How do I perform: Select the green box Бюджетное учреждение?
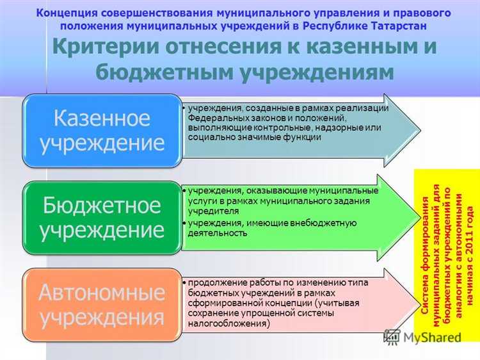click(x=102, y=218)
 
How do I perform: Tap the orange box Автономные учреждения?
click(x=102, y=305)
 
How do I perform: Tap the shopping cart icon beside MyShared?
click(x=392, y=337)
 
